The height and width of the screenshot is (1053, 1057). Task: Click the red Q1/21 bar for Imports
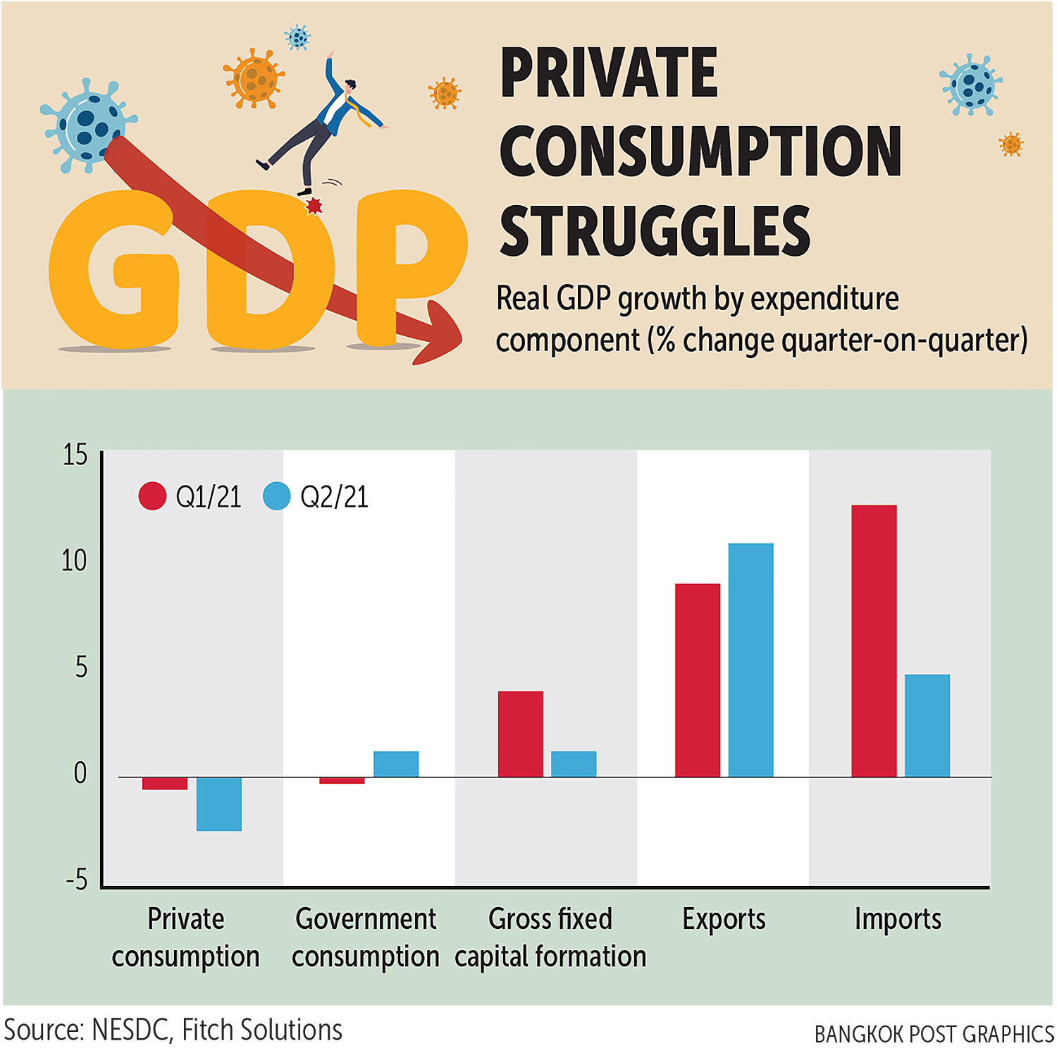pos(874,641)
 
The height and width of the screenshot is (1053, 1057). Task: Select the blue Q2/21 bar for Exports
pos(750,660)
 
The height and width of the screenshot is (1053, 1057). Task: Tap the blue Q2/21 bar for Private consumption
pos(219,803)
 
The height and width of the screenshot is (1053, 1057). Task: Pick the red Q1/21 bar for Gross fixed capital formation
pos(521,734)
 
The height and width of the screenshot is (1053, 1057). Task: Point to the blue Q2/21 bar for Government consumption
pos(396,764)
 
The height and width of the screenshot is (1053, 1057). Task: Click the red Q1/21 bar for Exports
pos(698,680)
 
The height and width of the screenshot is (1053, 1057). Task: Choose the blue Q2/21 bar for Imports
pos(927,725)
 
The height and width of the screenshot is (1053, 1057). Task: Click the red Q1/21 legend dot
pos(152,496)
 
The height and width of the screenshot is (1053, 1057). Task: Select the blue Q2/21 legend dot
pos(277,496)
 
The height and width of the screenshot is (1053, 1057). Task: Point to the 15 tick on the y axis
pos(75,455)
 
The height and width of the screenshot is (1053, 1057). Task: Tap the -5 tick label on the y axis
pos(77,880)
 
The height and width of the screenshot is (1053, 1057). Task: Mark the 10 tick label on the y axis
pos(74,561)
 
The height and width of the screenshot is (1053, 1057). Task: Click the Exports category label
pos(724,919)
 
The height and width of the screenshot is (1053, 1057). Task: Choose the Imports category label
pos(898,919)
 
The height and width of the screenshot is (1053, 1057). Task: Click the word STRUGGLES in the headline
pos(655,230)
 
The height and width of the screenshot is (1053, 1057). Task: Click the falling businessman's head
pos(350,87)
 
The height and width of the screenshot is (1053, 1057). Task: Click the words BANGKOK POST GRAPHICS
pos(934,1035)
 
